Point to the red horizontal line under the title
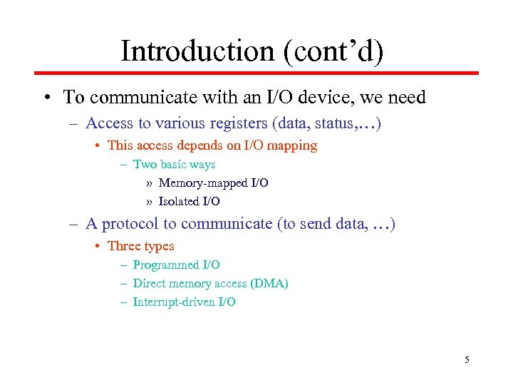click(256, 73)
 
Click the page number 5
click(467, 359)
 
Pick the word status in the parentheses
click(341, 123)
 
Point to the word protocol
click(131, 224)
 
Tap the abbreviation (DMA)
click(269, 284)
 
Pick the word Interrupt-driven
click(173, 302)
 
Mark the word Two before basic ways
click(145, 165)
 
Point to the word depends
click(196, 145)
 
